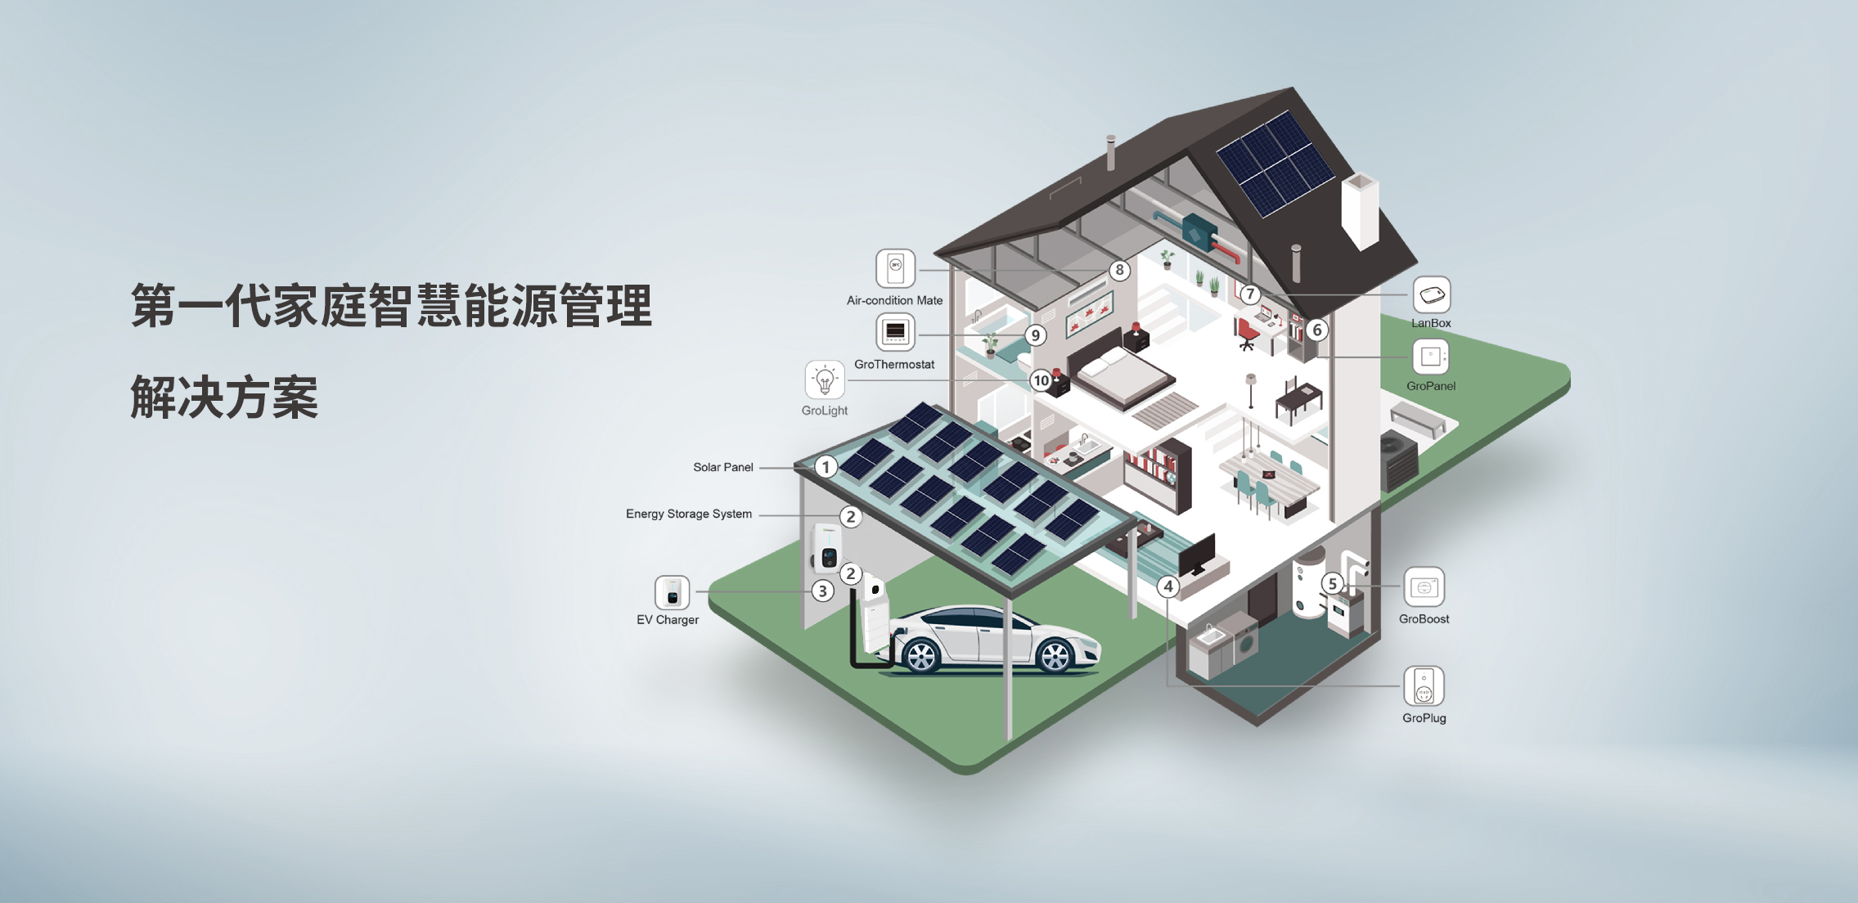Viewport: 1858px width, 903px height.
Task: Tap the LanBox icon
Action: pyautogui.click(x=1431, y=295)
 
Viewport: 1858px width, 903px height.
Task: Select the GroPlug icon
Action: pyautogui.click(x=1424, y=686)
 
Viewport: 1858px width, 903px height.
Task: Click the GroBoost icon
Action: pyautogui.click(x=1424, y=587)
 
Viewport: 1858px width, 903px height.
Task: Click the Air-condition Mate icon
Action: pyautogui.click(x=895, y=268)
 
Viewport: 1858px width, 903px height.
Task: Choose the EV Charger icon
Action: pyautogui.click(x=672, y=593)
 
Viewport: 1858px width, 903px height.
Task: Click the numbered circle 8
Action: pyautogui.click(x=1119, y=271)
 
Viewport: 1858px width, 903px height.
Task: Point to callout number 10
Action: pyautogui.click(x=1041, y=380)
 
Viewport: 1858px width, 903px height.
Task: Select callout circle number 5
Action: pyautogui.click(x=1333, y=583)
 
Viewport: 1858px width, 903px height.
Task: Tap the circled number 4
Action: pyautogui.click(x=1168, y=586)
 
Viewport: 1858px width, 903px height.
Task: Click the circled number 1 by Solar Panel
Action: pyautogui.click(x=826, y=467)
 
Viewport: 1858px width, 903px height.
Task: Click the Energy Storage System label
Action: pyautogui.click(x=688, y=514)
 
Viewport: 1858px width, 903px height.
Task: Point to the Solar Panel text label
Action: pyautogui.click(x=722, y=467)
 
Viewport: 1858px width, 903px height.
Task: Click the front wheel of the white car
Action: pyautogui.click(x=921, y=655)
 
